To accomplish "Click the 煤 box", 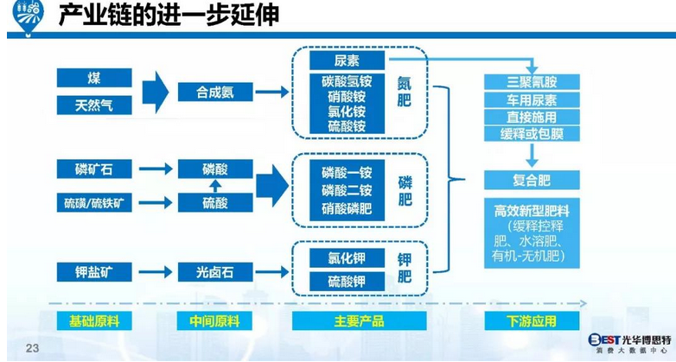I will click(94, 78).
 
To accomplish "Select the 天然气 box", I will click(94, 105).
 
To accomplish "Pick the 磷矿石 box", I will click(94, 169).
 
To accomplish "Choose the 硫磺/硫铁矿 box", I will click(94, 203).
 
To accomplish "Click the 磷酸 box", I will click(215, 169).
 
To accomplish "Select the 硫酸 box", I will click(215, 203).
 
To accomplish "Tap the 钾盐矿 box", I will click(94, 272).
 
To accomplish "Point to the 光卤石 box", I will click(215, 272).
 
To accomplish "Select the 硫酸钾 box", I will click(346, 282).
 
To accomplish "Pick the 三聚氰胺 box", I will click(531, 83).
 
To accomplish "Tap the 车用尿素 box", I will click(531, 100).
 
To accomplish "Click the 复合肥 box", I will click(531, 180).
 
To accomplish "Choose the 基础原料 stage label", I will click(94, 321).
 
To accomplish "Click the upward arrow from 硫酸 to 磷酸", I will click(215, 186).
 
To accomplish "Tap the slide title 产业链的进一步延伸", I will click(169, 16).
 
